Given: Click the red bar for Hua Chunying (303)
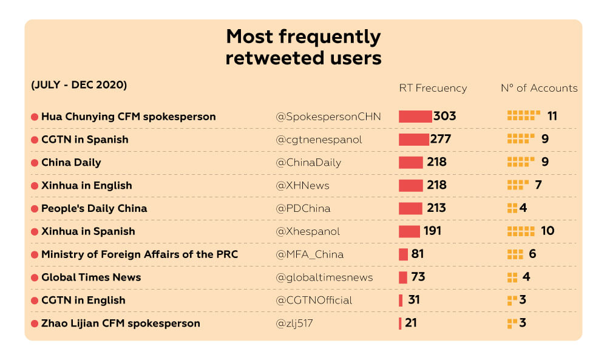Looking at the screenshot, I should click(x=415, y=116).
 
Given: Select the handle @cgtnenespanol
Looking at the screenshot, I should click(x=319, y=140).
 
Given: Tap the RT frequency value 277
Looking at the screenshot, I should click(x=440, y=139).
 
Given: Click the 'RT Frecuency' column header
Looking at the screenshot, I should click(x=433, y=88).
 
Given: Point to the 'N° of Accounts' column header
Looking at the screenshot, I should click(x=539, y=88).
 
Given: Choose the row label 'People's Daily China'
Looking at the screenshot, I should click(x=94, y=208).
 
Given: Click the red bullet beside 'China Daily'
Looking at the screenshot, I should click(x=35, y=163).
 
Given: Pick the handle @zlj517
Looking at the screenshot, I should click(x=294, y=324).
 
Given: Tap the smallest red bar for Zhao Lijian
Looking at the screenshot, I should click(x=400, y=324).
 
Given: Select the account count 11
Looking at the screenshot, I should click(x=552, y=116).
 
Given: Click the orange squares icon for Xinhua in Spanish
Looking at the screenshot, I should click(x=521, y=231).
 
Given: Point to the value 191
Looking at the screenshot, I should click(x=432, y=231).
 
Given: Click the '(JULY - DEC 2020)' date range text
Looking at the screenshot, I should click(x=79, y=85).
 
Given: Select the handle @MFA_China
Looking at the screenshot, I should click(x=310, y=254).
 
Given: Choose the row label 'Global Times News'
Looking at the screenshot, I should click(x=91, y=277).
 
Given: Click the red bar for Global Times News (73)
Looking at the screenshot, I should click(x=403, y=277).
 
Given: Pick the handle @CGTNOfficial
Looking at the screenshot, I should click(x=314, y=301).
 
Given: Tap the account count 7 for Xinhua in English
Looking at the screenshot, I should click(x=538, y=185).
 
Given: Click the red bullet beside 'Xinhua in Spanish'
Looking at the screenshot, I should click(x=35, y=231).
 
